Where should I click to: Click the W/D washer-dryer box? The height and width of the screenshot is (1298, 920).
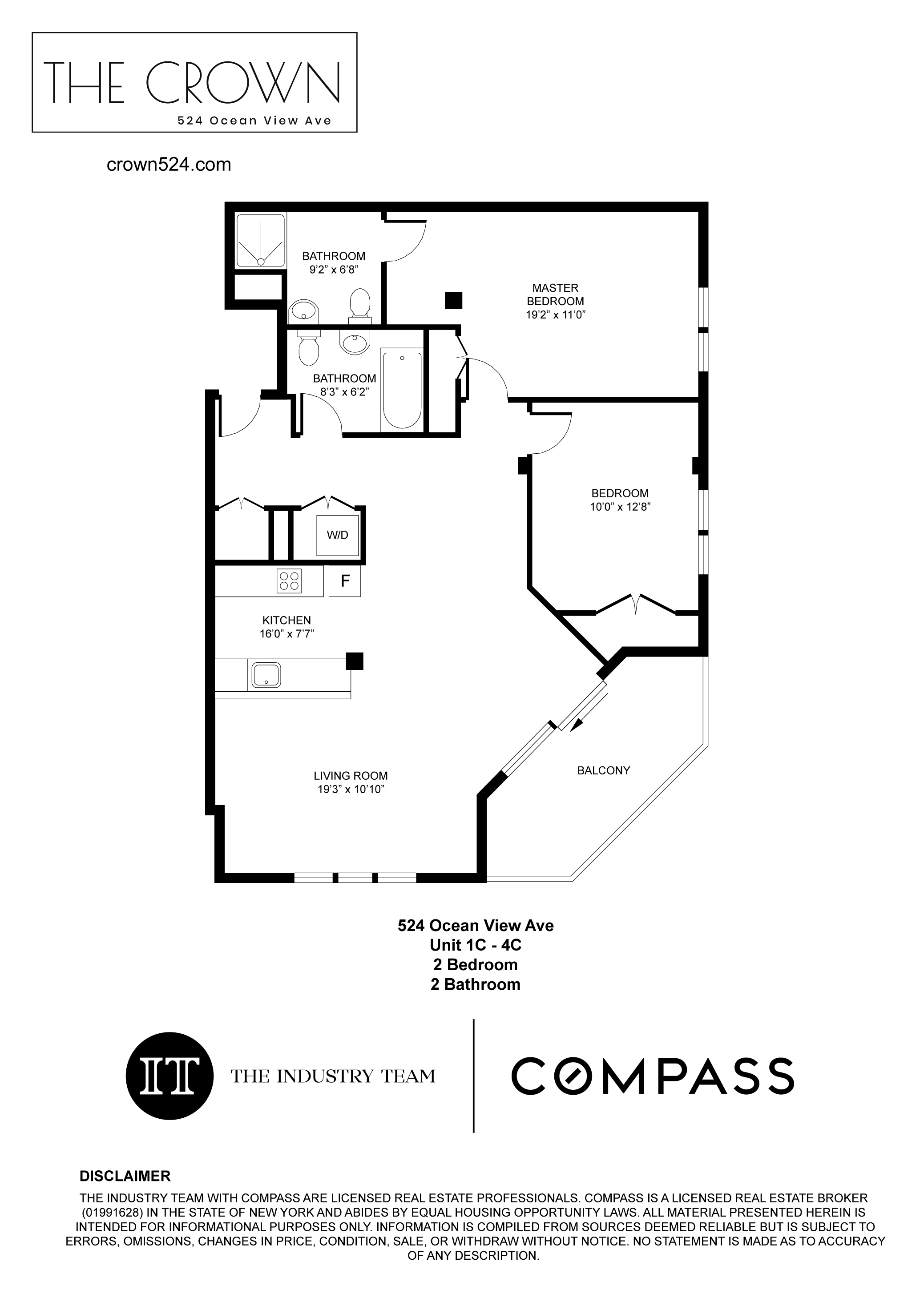pos(338,535)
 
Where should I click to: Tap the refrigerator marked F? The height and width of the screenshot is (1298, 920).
pos(344,580)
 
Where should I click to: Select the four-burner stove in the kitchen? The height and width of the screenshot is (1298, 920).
pos(289,581)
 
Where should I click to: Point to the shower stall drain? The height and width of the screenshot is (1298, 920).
pos(261,262)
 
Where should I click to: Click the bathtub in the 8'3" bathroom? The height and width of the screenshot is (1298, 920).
pos(402,390)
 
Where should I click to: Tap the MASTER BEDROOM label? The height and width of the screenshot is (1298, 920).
pos(555,294)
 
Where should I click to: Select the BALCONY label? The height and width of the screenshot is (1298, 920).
pos(603,770)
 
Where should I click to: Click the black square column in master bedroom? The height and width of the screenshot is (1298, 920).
pos(453,300)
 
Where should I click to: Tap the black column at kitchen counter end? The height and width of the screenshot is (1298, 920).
pos(355,661)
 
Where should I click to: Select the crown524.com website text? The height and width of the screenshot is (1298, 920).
pos(169,165)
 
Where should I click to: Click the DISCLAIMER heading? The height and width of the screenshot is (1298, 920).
pos(125,1176)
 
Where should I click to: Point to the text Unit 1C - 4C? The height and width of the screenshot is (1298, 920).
pos(475,945)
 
